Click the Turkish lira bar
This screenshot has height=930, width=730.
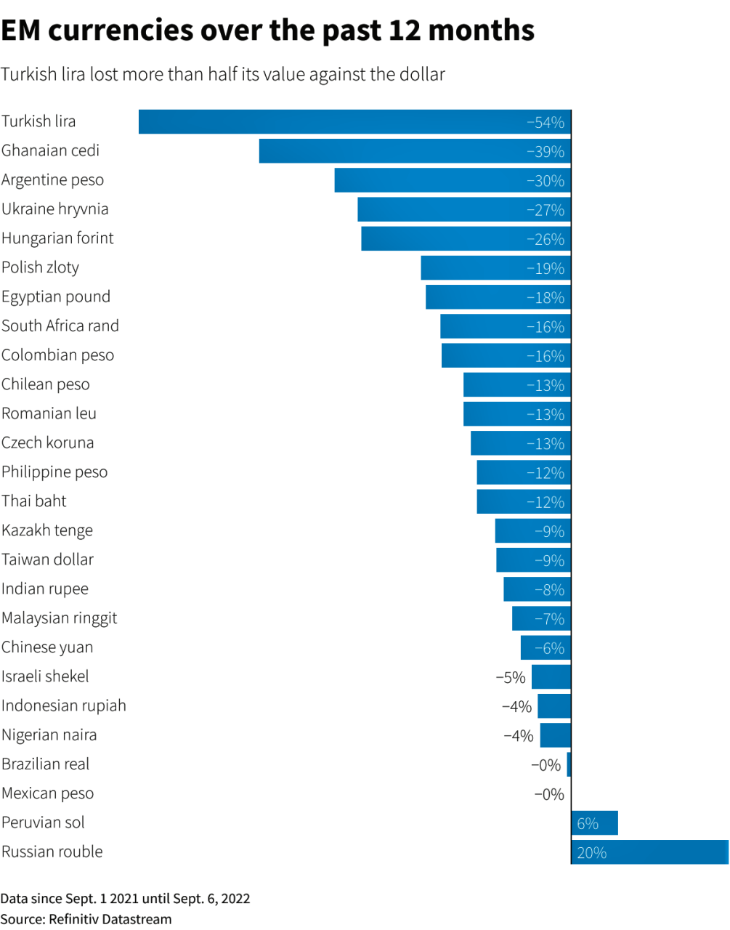pyautogui.click(x=354, y=122)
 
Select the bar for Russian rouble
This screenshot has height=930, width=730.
pyautogui.click(x=649, y=852)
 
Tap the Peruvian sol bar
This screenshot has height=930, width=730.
pyautogui.click(x=595, y=823)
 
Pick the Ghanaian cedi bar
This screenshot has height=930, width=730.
pyautogui.click(x=415, y=151)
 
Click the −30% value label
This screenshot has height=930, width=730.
pyautogui.click(x=546, y=181)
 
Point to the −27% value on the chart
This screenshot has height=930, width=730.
pyautogui.click(x=546, y=210)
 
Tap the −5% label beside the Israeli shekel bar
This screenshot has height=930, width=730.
pyautogui.click(x=511, y=678)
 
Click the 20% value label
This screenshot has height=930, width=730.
pyautogui.click(x=592, y=853)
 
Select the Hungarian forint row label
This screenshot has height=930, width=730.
pyautogui.click(x=57, y=238)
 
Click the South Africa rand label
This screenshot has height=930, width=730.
pyautogui.click(x=60, y=326)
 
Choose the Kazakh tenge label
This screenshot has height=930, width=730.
pyautogui.click(x=47, y=530)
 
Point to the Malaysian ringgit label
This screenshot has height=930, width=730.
pyautogui.click(x=59, y=618)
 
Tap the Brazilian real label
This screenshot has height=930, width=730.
pyautogui.click(x=45, y=764)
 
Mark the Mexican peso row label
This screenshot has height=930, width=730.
pyautogui.click(x=47, y=793)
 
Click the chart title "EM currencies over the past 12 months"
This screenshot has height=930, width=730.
pyautogui.click(x=267, y=31)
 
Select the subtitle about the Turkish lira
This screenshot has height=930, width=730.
pyautogui.click(x=222, y=75)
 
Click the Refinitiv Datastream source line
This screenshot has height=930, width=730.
pyautogui.click(x=86, y=919)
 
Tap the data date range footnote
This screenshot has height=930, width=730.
pyautogui.click(x=125, y=899)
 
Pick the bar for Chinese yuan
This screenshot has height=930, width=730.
pyautogui.click(x=546, y=648)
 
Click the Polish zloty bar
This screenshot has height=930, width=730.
pyautogui.click(x=495, y=268)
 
